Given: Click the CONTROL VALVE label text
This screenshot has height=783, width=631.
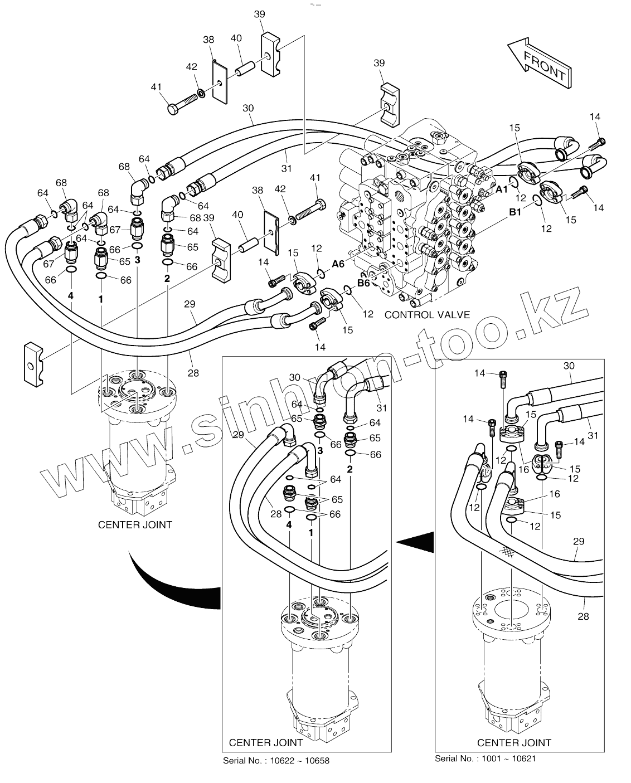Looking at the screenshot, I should coord(427,314).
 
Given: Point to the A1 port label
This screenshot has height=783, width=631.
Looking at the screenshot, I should coord(502,189).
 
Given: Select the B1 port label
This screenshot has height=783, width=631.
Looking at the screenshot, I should coord(515,212).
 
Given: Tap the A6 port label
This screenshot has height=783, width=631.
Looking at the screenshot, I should coord(338,264).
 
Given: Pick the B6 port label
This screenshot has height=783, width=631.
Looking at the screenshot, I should coord(363,283).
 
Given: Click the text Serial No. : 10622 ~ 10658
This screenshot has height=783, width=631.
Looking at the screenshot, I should coord(276,761).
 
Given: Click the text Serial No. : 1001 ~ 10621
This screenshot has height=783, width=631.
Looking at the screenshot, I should coord(485,758).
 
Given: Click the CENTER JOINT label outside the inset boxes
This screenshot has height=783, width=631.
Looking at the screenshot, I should coord(135,524).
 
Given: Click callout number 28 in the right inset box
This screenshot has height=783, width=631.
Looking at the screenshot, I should coord(583,616).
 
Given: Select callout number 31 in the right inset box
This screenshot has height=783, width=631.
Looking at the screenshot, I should coord(592,435).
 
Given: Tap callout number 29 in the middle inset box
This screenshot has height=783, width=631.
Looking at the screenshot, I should coord(239,434).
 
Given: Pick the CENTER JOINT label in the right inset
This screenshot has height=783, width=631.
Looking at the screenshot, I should coord(514,742).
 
